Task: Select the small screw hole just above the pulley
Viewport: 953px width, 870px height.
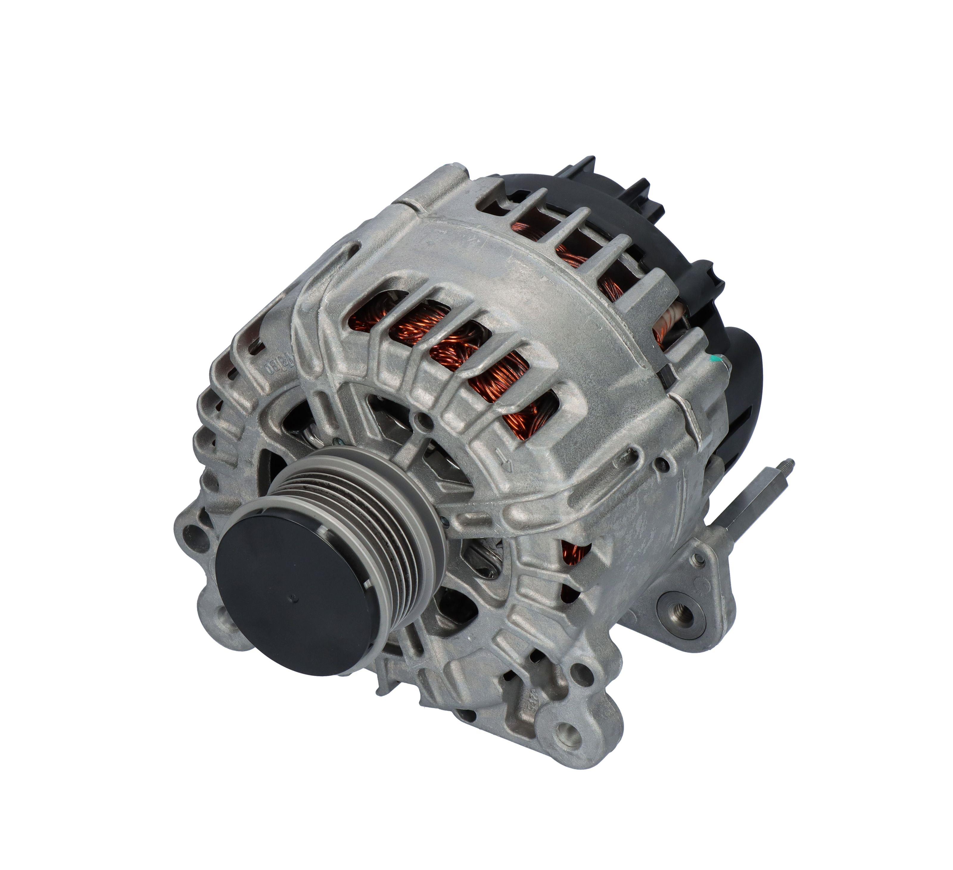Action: pos(418,419)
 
